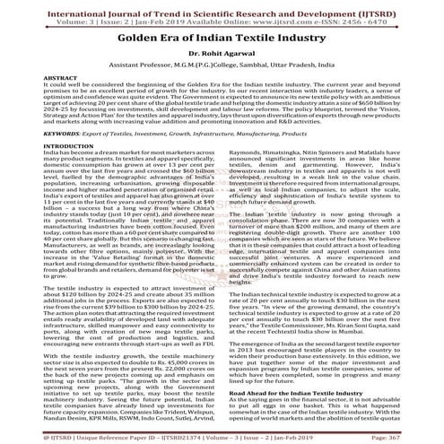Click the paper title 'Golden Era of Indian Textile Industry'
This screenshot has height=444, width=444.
click(222, 41)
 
